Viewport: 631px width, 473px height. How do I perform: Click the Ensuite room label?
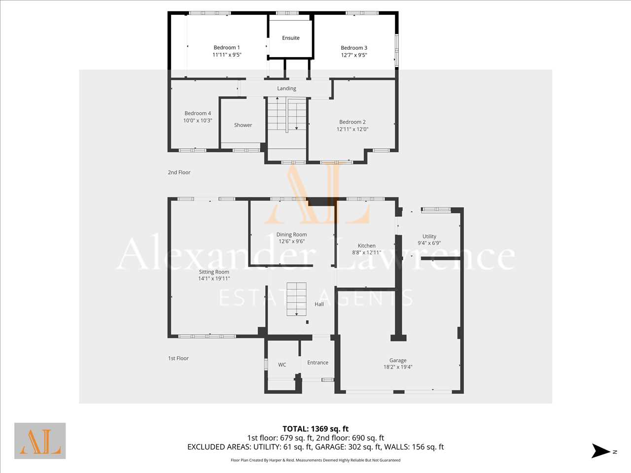pos(291,38)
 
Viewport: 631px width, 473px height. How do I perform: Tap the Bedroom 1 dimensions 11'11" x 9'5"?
pos(227,55)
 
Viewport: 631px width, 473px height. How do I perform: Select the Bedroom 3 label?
pos(354,48)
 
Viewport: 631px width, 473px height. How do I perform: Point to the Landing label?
pos(286,89)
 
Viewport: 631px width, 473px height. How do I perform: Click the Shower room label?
pos(243,125)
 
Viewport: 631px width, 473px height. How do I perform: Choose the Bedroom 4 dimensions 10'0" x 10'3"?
pos(198,121)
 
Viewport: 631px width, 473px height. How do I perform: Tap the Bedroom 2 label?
pos(352,122)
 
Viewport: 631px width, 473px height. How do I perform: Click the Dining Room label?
pos(291,235)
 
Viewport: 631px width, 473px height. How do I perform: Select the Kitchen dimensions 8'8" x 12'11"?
pos(367,253)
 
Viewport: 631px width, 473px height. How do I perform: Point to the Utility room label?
pos(429,236)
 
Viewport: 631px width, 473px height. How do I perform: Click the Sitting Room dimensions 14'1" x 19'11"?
pos(214,278)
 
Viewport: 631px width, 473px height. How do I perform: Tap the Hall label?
pos(319,304)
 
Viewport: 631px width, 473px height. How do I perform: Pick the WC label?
pos(282,365)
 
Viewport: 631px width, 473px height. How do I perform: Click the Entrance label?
pos(317,363)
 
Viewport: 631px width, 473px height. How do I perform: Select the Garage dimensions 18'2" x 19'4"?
pos(398,367)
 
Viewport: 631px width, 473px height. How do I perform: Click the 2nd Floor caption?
pos(179,172)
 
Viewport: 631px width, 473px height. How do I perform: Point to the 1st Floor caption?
pos(178,358)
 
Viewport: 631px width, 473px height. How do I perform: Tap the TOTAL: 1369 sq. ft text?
pos(315,429)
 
